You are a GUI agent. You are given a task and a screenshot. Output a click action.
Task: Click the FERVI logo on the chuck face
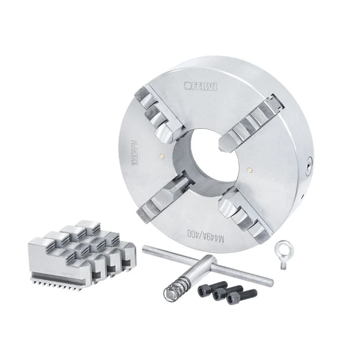click(201, 86)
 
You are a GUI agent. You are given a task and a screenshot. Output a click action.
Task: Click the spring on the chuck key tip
click(176, 288)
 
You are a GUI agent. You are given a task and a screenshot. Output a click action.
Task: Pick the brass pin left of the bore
click(163, 156)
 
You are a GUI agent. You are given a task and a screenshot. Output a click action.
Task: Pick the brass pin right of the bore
click(249, 170)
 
